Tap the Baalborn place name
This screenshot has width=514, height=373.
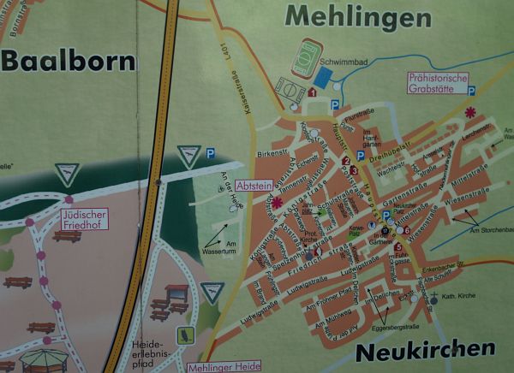(x=69, y=61)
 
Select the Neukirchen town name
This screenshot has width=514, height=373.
(x=424, y=349)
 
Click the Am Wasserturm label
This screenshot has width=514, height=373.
(x=218, y=246)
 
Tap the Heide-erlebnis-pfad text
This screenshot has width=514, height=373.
(x=150, y=350)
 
